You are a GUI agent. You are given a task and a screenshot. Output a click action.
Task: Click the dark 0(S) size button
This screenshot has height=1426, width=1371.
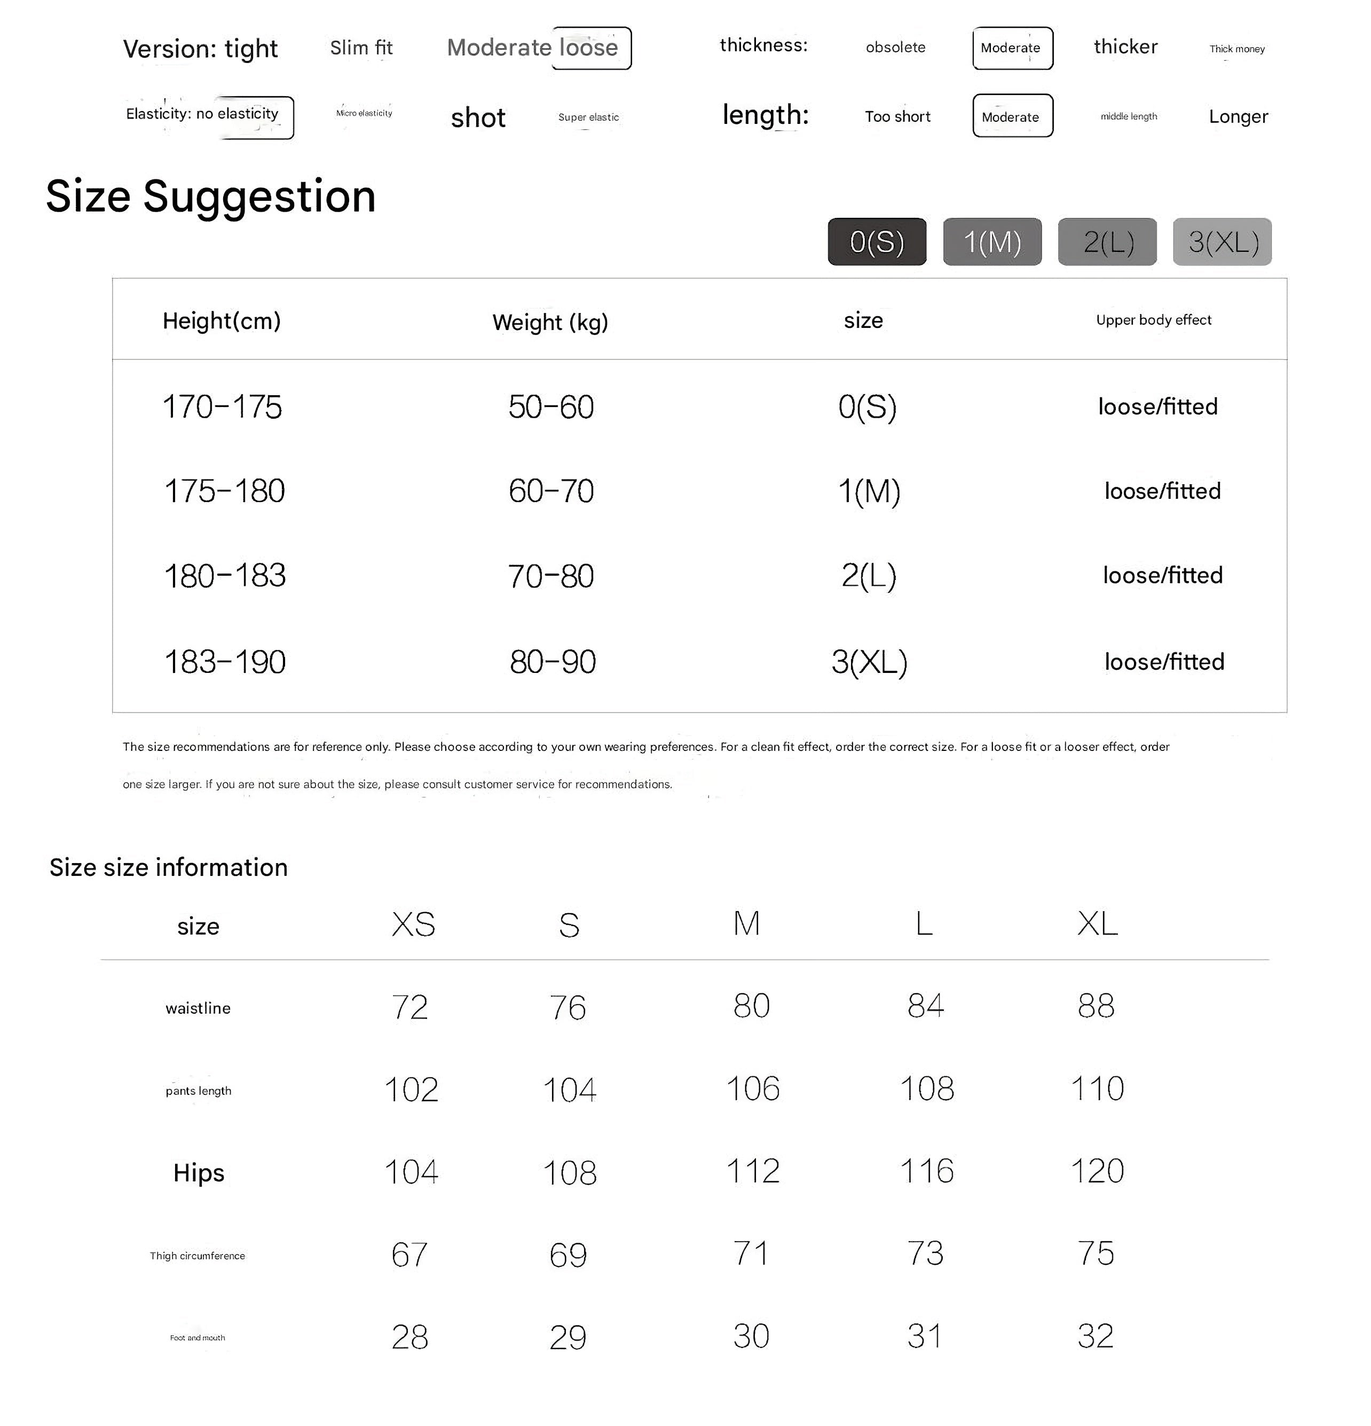[877, 241]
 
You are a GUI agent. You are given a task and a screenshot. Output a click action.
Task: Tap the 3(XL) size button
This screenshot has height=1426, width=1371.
[1222, 241]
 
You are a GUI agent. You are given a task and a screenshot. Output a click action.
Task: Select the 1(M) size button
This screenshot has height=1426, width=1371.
[992, 241]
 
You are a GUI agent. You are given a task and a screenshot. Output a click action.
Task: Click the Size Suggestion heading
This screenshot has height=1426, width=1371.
[211, 197]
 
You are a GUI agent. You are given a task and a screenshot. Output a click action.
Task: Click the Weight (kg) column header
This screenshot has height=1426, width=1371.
[550, 322]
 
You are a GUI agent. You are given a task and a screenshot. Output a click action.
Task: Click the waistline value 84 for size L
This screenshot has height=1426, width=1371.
[925, 1006]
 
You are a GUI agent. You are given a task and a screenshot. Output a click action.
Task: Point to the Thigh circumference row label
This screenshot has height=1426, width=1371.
[197, 1256]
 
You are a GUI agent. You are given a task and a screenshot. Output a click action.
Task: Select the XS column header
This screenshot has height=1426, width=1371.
[413, 924]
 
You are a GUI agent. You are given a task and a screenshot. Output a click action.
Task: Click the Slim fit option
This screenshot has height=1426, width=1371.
[361, 48]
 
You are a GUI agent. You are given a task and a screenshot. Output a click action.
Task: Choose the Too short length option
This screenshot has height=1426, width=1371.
[897, 116]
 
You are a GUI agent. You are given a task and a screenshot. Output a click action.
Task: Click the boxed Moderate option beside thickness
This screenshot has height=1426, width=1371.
[1012, 48]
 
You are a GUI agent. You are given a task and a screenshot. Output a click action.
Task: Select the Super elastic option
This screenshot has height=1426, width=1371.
[588, 117]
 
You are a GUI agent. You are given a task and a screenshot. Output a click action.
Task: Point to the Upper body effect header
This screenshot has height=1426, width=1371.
[1154, 320]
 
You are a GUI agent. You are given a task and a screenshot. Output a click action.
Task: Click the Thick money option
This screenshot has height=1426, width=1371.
[1236, 49]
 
